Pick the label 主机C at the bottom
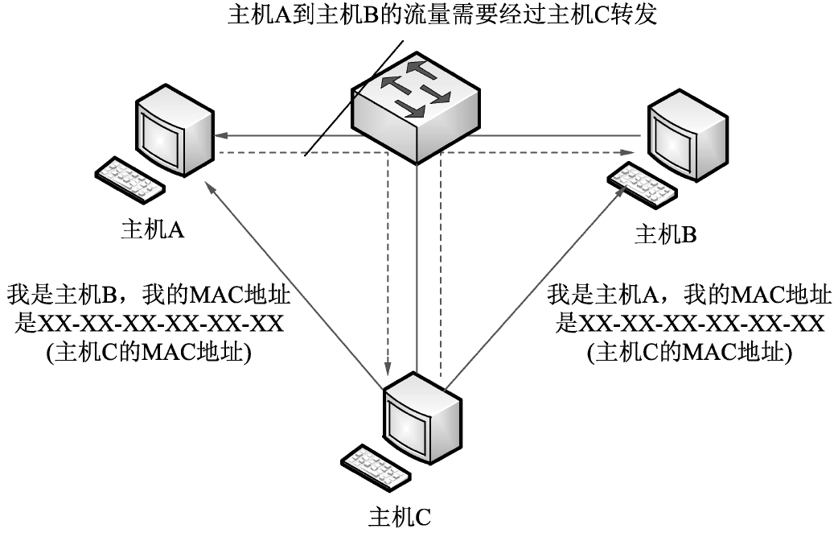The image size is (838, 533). pyautogui.click(x=400, y=515)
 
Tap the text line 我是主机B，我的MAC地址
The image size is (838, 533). pyautogui.click(x=149, y=294)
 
